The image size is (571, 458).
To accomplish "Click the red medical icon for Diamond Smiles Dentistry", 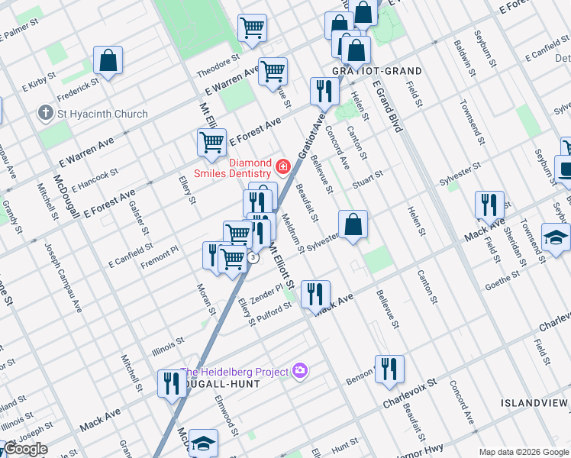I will click(x=283, y=165).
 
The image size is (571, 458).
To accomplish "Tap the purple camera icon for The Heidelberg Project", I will click(x=300, y=371).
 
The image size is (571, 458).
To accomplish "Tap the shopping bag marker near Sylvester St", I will click(x=353, y=225).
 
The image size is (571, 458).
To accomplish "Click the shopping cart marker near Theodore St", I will click(x=252, y=28).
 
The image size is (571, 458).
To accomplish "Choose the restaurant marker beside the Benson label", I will click(x=389, y=369).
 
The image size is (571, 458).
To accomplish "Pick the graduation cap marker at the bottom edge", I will click(x=203, y=443).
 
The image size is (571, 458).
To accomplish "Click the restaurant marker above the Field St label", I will click(x=489, y=205).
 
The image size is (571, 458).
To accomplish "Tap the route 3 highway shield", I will click(x=252, y=258).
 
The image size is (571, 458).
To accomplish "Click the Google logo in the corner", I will click(x=24, y=449).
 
